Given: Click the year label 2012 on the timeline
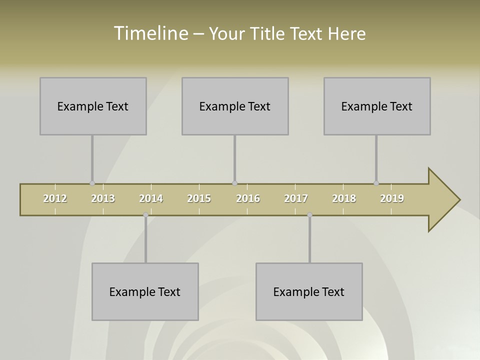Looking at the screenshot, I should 55,198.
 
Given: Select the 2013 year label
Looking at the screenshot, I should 103,198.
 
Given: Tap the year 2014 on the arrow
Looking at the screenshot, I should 151,198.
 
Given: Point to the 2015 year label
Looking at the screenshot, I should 199,198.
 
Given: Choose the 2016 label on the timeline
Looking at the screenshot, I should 248,198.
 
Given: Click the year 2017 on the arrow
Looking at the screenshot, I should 296,198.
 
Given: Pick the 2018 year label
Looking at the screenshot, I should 344,198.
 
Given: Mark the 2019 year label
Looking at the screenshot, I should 392,198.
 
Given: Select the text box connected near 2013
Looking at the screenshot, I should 93,106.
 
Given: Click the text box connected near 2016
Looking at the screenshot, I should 235,106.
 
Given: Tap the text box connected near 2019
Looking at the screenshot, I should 377,106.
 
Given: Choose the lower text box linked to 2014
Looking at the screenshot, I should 145,291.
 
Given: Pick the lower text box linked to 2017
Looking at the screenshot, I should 309,291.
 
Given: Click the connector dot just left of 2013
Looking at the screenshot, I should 92,183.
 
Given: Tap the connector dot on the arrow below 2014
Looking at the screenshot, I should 145,215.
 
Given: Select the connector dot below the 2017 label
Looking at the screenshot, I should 309,215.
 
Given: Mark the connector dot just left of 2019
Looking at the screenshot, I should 376,183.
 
